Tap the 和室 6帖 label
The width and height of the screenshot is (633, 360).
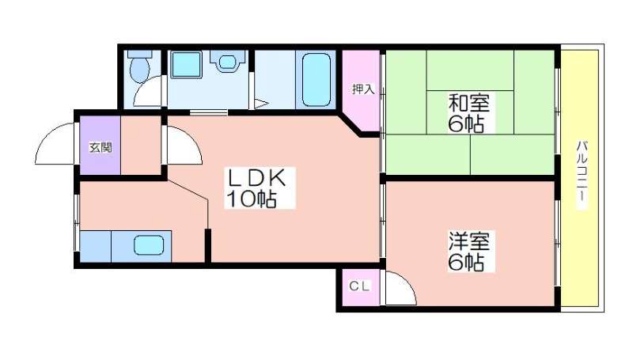coord(468,113)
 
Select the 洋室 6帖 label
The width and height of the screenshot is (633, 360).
coord(468,251)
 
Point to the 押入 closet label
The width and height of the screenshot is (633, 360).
coord(363,89)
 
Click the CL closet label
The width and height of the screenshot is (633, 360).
coord(359,286)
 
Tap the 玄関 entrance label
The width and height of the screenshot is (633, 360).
coord(100,147)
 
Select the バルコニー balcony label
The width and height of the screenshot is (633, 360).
coord(582,174)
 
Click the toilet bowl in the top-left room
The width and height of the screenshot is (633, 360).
coord(140,67)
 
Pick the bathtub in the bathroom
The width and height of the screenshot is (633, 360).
coord(316,80)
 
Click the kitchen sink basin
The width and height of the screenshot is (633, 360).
coord(149,245)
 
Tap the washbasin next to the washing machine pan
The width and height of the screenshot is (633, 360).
coord(227,62)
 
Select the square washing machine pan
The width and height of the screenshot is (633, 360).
coord(186,65)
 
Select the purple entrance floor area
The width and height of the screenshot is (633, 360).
coord(100,146)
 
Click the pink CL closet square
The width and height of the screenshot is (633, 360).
coord(359,287)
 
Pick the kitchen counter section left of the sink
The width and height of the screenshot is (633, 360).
coord(95,246)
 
